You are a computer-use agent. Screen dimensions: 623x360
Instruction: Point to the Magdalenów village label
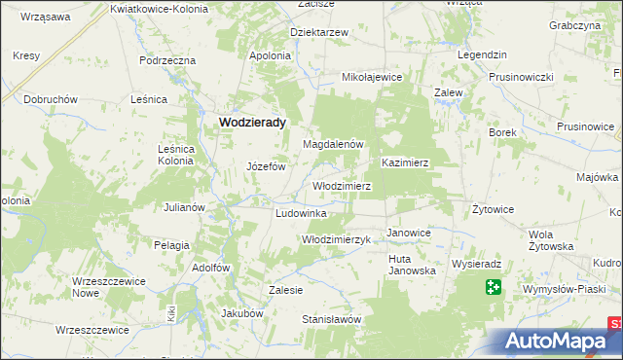pos(333,144)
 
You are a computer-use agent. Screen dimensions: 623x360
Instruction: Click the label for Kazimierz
pos(407,162)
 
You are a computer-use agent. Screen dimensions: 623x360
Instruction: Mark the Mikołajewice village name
pos(372,76)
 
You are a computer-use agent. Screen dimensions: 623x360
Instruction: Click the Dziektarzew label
pos(319,32)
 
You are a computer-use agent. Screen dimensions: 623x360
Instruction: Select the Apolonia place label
pos(271,55)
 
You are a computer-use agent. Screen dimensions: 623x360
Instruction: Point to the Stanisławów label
pos(331,319)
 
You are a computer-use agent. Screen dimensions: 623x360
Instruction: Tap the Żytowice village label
pos(493,209)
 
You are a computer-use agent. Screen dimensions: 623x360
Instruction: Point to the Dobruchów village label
pos(51,100)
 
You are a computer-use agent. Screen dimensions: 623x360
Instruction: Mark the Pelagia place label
pos(171,245)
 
